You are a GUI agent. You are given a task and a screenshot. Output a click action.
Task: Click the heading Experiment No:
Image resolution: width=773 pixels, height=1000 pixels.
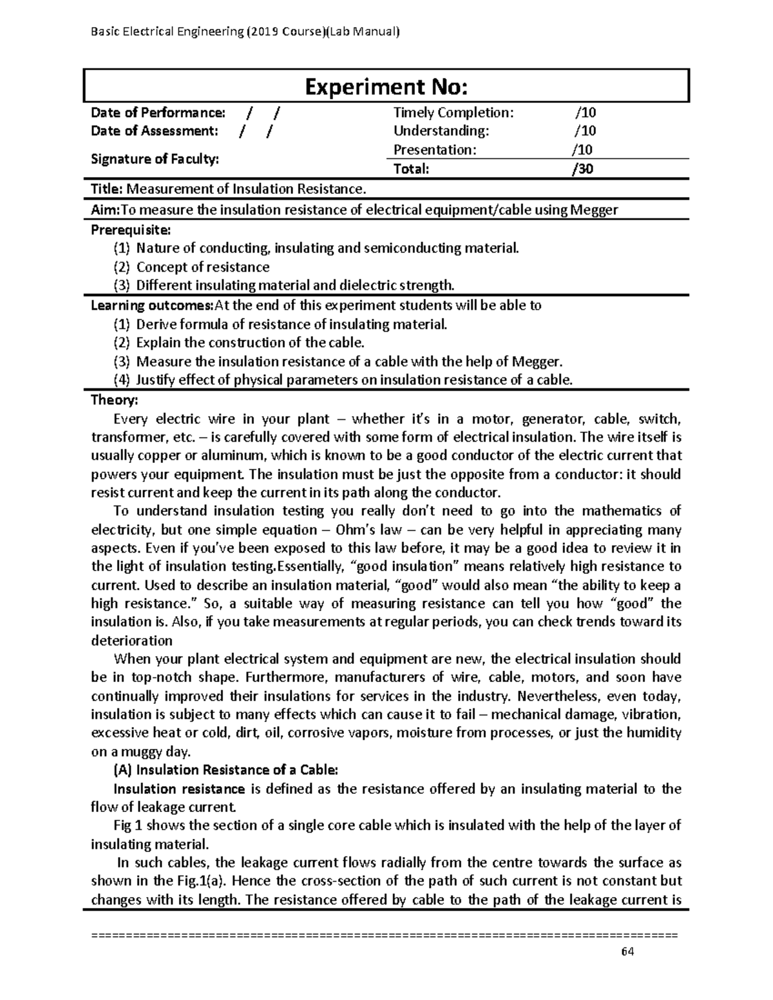(386, 86)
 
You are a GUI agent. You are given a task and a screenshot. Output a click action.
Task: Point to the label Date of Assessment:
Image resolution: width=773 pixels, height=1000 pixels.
(155, 131)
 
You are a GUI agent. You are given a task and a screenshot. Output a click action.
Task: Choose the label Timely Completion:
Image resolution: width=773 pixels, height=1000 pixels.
(453, 113)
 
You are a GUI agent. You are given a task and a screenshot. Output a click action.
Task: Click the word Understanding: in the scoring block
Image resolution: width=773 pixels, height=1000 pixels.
(441, 131)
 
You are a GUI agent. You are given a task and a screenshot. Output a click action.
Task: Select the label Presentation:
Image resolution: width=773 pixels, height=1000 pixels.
(435, 150)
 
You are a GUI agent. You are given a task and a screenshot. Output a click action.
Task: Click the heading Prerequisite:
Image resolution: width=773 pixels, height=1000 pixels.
(131, 230)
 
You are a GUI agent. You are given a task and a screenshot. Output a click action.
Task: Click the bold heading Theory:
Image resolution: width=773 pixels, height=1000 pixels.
(114, 400)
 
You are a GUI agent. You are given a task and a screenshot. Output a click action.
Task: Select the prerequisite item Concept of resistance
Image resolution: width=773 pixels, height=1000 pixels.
(203, 267)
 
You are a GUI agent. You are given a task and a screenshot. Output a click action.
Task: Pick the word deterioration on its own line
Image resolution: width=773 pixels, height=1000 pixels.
(132, 641)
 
